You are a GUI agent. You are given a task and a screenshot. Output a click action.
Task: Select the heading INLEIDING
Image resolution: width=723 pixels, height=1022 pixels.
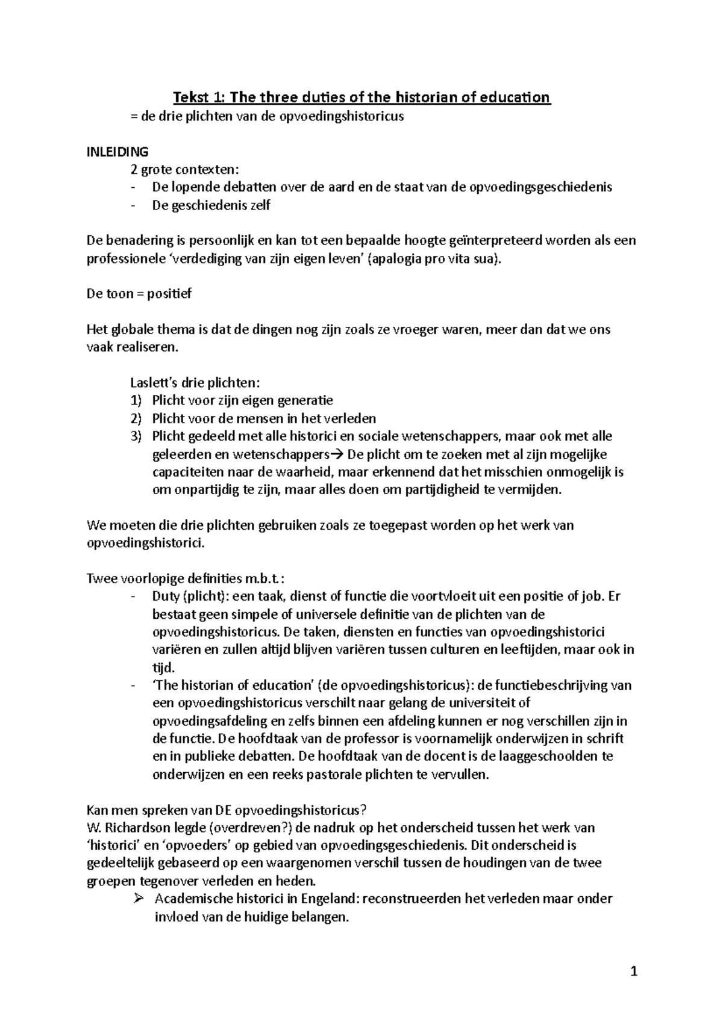(x=117, y=152)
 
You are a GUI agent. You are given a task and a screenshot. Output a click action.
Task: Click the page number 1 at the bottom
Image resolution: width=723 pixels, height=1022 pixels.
(x=633, y=972)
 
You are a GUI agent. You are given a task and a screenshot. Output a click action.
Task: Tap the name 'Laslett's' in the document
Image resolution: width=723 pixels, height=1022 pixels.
(x=153, y=383)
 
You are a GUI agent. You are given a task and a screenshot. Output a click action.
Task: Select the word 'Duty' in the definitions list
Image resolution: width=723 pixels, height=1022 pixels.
(x=164, y=596)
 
